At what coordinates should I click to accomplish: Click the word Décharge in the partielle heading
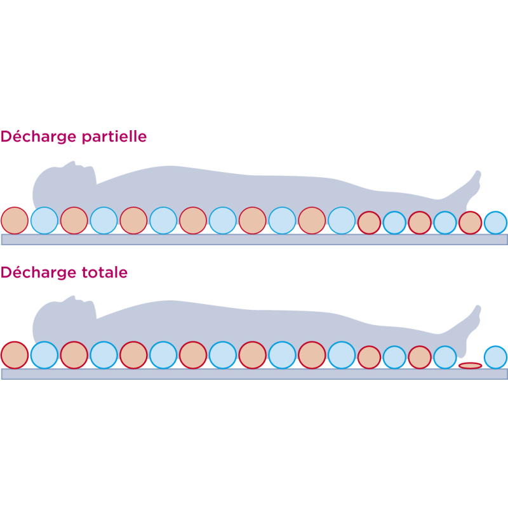click(x=38, y=137)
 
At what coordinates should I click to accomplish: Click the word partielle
click(x=114, y=137)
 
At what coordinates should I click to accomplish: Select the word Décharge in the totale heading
click(x=38, y=272)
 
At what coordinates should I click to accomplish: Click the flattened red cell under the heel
click(x=470, y=366)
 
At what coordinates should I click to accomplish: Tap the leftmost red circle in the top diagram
click(x=15, y=220)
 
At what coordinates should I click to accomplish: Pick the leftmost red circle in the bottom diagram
click(x=15, y=355)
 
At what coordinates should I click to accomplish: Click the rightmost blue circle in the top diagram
click(x=495, y=223)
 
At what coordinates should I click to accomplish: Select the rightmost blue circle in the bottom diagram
click(x=495, y=358)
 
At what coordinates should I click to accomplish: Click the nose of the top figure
click(x=74, y=163)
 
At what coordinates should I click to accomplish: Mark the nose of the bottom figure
click(x=74, y=297)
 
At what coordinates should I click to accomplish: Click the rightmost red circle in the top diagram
click(x=470, y=223)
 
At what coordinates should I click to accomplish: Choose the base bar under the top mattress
click(x=255, y=239)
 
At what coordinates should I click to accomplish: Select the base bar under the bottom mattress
click(x=255, y=374)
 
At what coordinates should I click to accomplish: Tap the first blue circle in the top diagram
click(x=44, y=220)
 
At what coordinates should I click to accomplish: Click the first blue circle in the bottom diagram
click(x=44, y=355)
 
